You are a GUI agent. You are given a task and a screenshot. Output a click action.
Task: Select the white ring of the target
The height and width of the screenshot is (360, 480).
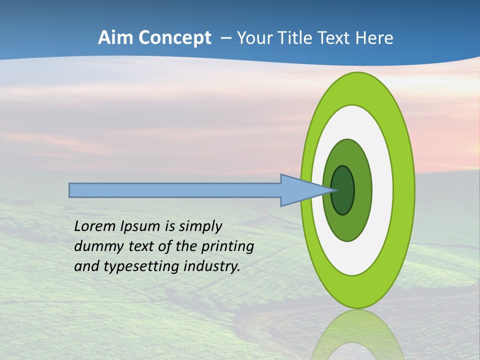click(383, 190)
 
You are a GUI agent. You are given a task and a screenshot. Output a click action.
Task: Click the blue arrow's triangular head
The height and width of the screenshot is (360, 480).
click(300, 190)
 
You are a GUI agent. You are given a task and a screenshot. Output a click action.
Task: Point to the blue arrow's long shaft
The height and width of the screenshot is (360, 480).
click(175, 190)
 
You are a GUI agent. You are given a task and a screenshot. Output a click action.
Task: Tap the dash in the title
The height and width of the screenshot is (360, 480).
click(226, 38)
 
